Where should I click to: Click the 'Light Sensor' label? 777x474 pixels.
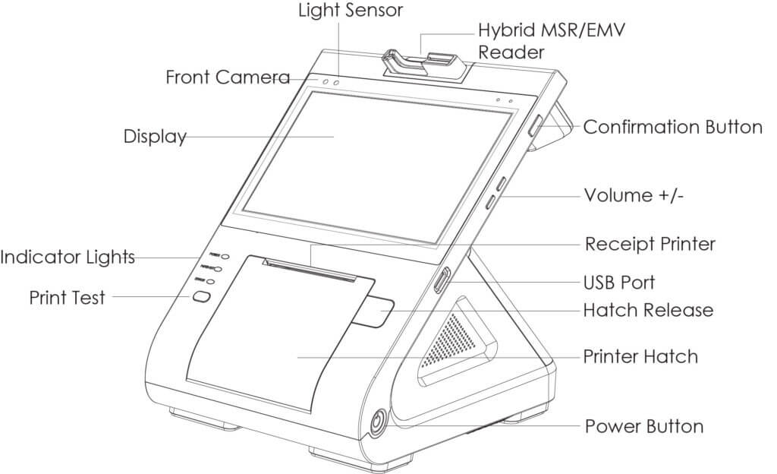pyautogui.click(x=350, y=11)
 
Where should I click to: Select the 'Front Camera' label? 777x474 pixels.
pyautogui.click(x=227, y=77)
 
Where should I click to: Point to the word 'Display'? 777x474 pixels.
pyautogui.click(x=155, y=137)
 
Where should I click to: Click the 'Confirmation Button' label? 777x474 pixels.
pyautogui.click(x=672, y=127)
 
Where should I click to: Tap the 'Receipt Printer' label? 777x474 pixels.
pyautogui.click(x=650, y=245)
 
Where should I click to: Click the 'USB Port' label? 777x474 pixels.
pyautogui.click(x=619, y=282)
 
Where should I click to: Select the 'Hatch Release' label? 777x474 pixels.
pyautogui.click(x=648, y=310)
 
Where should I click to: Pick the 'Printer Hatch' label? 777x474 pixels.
pyautogui.click(x=640, y=355)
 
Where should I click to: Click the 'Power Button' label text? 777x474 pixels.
pyautogui.click(x=643, y=426)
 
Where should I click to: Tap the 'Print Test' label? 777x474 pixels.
pyautogui.click(x=68, y=296)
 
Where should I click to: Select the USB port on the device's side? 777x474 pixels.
pyautogui.click(x=441, y=280)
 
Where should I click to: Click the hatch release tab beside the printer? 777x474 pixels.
pyautogui.click(x=376, y=313)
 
